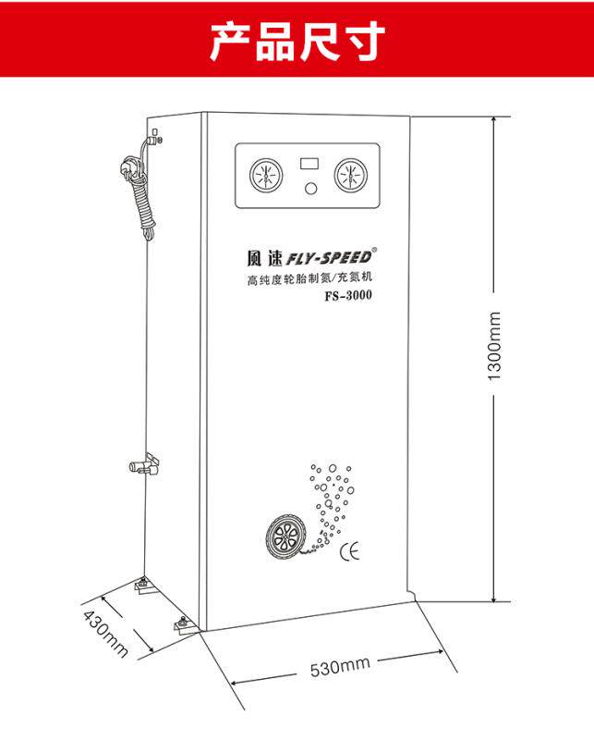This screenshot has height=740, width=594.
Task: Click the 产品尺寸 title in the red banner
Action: pos(297,42)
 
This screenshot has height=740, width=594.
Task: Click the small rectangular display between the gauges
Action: pos(309,163)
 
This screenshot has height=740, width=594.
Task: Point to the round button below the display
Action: pos(309,190)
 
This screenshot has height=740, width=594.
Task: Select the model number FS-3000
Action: pos(349,297)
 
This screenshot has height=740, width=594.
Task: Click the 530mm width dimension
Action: pos(340,666)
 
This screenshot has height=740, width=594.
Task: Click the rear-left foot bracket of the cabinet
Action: pos(144,584)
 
